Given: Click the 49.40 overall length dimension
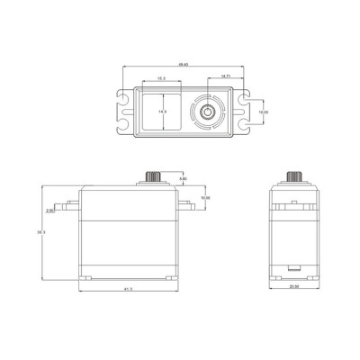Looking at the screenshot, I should [183, 66].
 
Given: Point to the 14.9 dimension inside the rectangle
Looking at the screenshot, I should [163, 112].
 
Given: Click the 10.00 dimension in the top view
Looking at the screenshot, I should [263, 112].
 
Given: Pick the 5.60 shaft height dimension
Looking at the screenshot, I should [183, 180].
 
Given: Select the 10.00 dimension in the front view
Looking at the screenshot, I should [206, 197].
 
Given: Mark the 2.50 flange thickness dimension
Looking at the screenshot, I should [51, 212].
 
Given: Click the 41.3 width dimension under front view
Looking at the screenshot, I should [129, 289].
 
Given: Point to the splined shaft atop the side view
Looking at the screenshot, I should [293, 176].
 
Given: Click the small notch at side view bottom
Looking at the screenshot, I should [294, 267].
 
